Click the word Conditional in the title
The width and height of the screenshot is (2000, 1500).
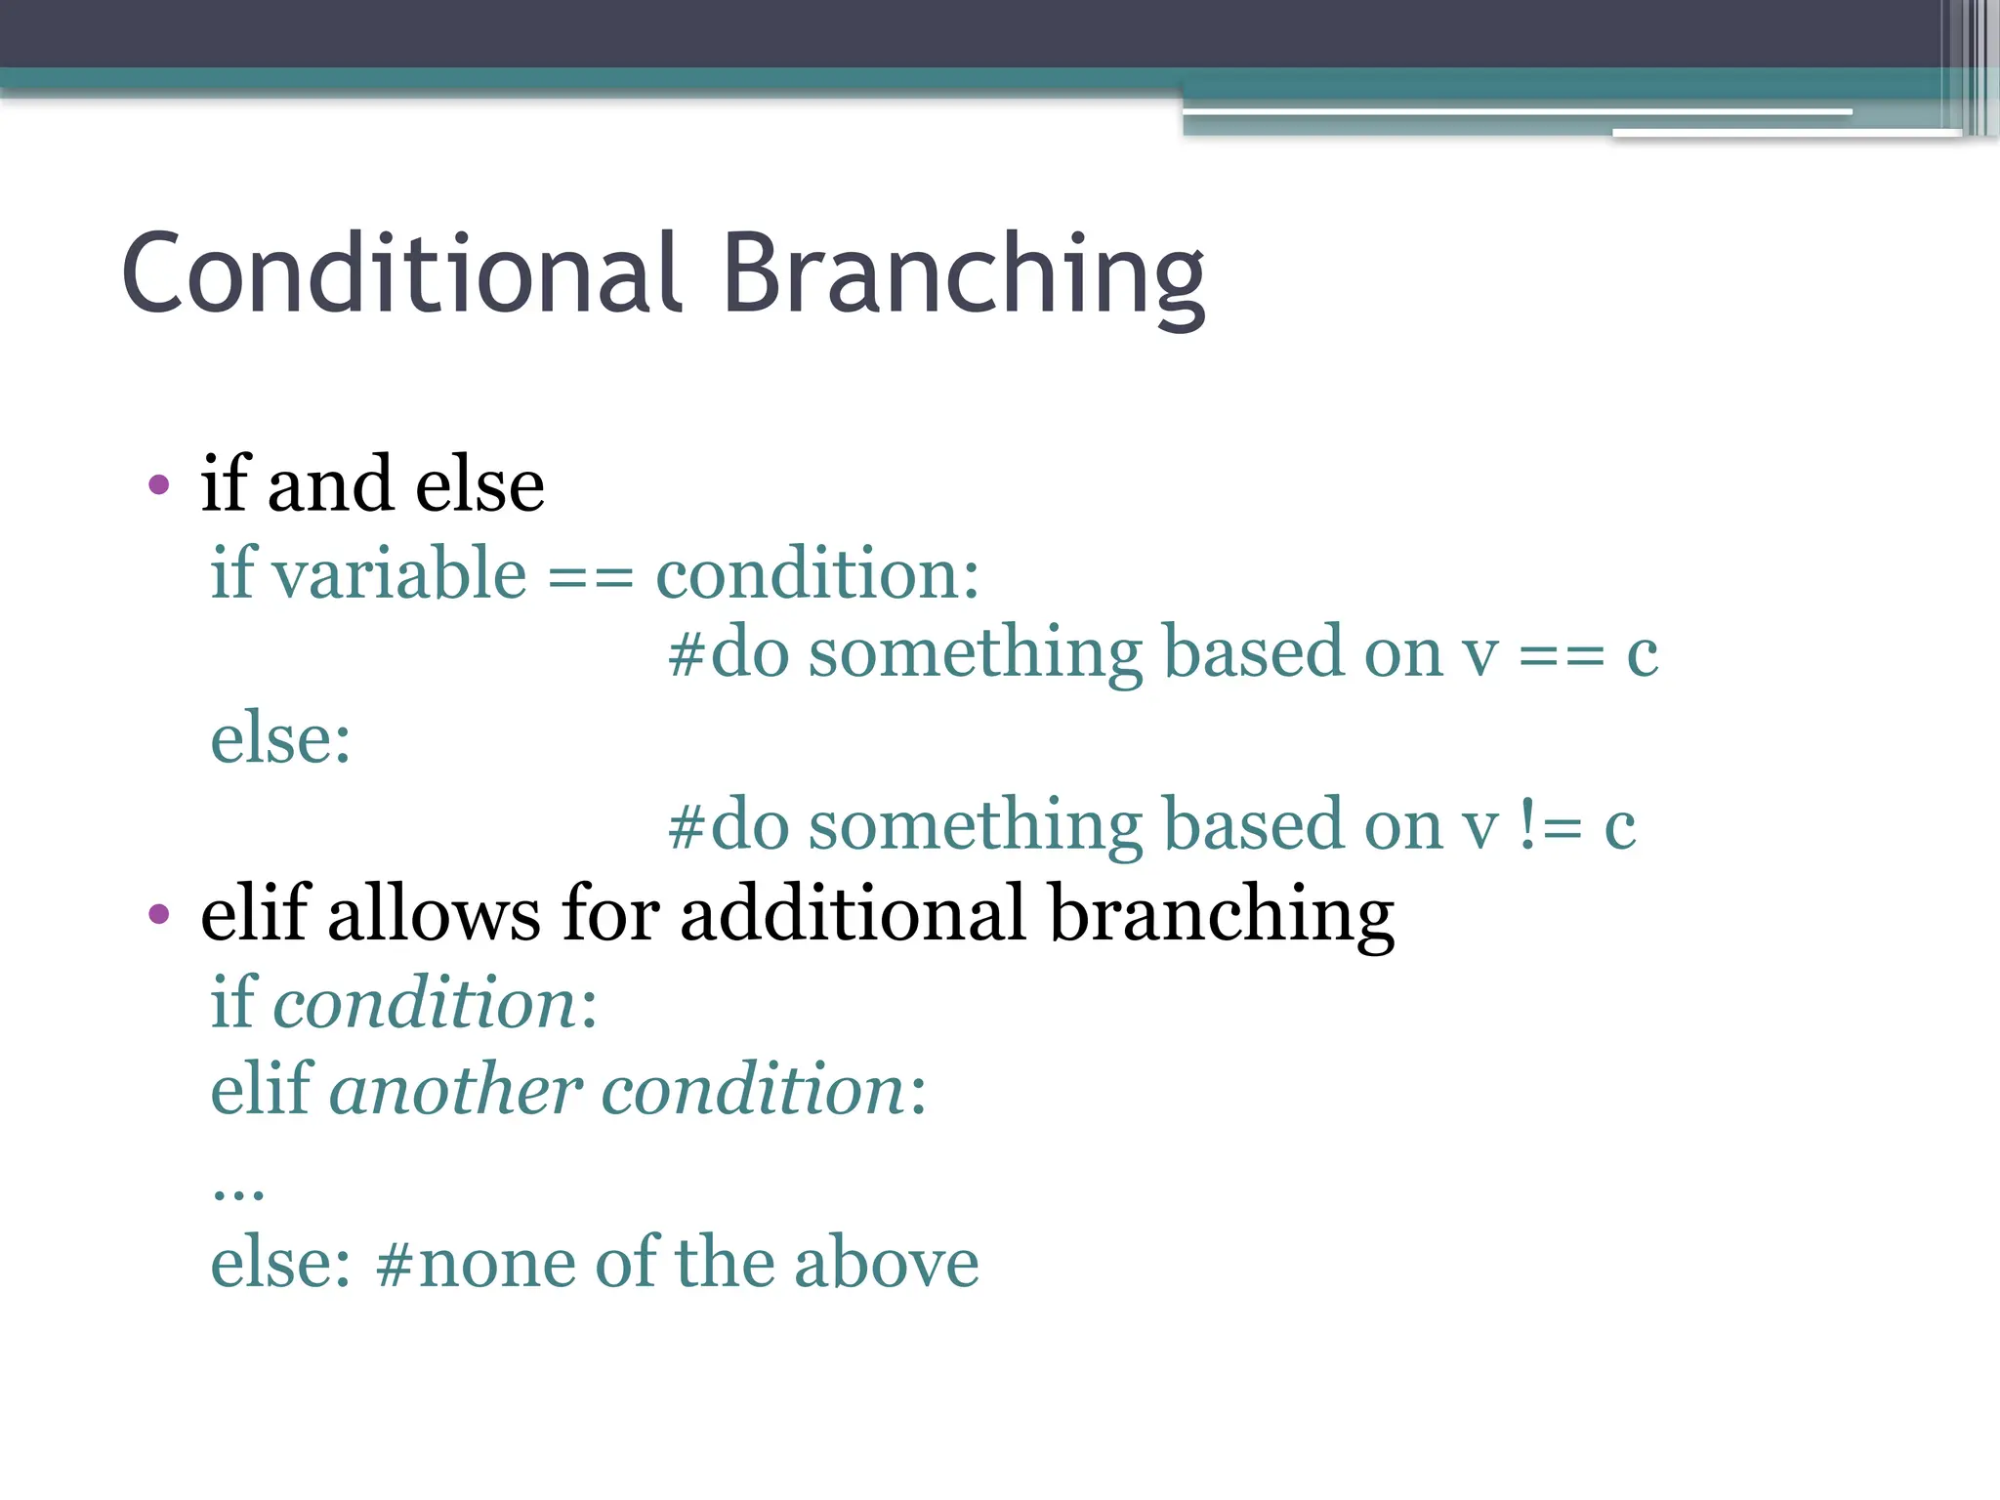pyautogui.click(x=400, y=275)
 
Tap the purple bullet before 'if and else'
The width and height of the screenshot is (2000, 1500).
pyautogui.click(x=159, y=484)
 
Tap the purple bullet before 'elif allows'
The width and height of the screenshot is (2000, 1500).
pyautogui.click(x=159, y=914)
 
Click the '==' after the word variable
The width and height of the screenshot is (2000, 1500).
pyautogui.click(x=590, y=576)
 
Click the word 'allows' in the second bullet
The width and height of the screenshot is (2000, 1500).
pyautogui.click(x=434, y=914)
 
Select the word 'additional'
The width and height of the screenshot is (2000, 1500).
pyautogui.click(x=853, y=914)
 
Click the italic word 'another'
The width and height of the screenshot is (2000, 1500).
pyautogui.click(x=456, y=1090)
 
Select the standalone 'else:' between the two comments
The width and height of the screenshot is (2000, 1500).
pyautogui.click(x=280, y=738)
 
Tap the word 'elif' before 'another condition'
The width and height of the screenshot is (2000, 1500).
pyautogui.click(x=261, y=1090)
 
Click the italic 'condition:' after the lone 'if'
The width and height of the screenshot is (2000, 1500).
pyautogui.click(x=435, y=1003)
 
